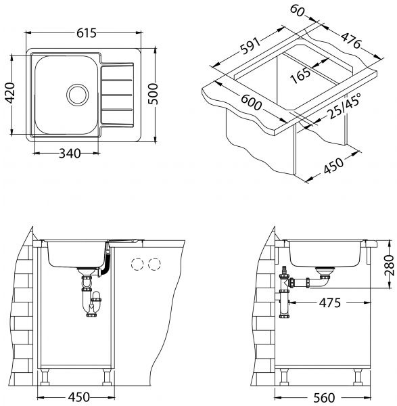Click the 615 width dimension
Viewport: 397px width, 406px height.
click(x=87, y=33)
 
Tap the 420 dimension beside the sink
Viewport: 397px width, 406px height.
click(x=10, y=93)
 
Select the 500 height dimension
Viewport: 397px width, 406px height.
click(x=153, y=94)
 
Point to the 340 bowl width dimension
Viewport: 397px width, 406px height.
click(x=70, y=154)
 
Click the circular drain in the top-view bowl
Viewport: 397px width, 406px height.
click(x=77, y=95)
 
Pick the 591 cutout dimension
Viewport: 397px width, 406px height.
click(x=250, y=46)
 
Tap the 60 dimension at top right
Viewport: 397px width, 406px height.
click(x=297, y=11)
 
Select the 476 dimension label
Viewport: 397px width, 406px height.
click(x=351, y=41)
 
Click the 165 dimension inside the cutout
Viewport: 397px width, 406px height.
click(x=300, y=75)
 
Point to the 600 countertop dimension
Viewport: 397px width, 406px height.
click(x=252, y=102)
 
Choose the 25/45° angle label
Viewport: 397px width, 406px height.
click(x=344, y=106)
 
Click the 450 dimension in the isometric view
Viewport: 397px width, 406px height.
click(x=334, y=166)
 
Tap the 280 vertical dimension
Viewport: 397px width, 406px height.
click(x=389, y=265)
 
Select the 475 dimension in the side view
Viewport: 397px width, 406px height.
click(x=330, y=302)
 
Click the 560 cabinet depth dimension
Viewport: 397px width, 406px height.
click(x=324, y=397)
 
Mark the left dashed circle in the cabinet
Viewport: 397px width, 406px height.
click(x=137, y=264)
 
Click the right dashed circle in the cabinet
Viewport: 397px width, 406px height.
click(x=154, y=264)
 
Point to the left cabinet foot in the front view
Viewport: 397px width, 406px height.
click(x=45, y=377)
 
